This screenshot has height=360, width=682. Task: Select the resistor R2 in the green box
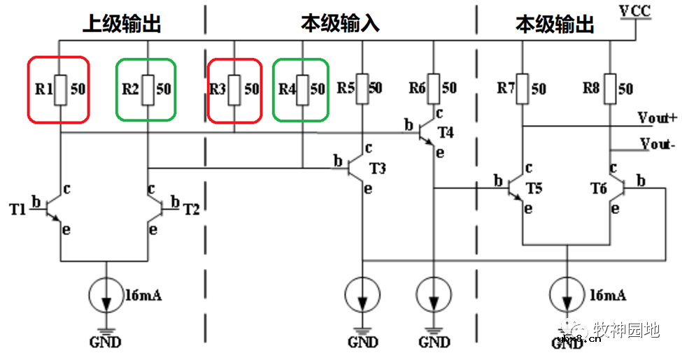[x=148, y=89]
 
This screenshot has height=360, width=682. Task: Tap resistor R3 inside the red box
[x=234, y=89]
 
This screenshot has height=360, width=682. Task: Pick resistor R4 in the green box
[x=301, y=89]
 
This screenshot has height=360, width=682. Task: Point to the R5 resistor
[x=362, y=88]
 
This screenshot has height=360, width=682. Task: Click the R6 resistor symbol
[x=434, y=88]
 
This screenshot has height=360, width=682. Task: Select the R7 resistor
[x=523, y=89]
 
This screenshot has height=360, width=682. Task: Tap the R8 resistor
[x=610, y=89]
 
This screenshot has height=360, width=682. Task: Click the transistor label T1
[x=16, y=208]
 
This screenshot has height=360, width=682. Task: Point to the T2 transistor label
[x=191, y=209]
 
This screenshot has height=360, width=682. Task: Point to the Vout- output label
[x=658, y=145]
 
